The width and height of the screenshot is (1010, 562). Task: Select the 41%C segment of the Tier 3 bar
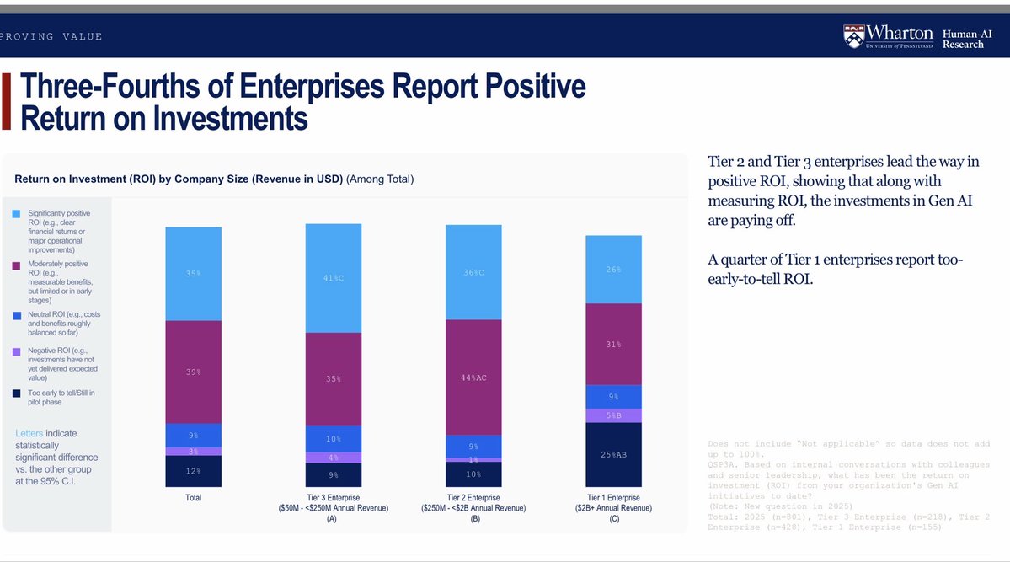coord(333,278)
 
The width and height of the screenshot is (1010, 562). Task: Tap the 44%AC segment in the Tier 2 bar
coord(473,377)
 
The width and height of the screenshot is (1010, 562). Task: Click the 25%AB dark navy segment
coord(613,455)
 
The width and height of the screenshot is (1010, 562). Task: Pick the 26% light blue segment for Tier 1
coord(613,270)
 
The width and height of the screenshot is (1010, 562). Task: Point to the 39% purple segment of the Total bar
coord(193,372)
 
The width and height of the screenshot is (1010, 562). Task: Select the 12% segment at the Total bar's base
coord(193,471)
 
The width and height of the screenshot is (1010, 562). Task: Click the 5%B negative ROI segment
coord(613,415)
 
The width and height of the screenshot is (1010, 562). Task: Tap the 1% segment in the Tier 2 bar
coord(473,459)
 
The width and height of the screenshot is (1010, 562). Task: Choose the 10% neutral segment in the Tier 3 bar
coord(333,439)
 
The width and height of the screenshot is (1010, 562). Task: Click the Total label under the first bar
coord(193,498)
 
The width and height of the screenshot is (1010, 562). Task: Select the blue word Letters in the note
coord(33,434)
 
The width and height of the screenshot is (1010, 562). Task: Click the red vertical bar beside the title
coord(6,102)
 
